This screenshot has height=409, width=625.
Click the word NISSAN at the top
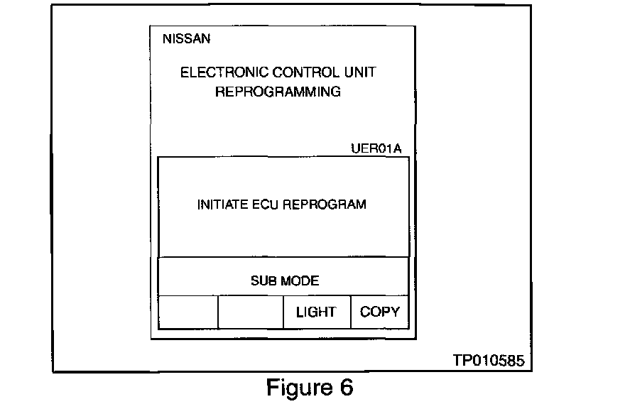186,39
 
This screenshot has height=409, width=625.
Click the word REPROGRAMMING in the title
278,92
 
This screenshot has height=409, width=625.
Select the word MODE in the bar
300,280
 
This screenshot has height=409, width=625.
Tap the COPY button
380,312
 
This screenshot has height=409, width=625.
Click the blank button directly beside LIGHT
251,312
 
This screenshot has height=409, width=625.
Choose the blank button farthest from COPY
187,312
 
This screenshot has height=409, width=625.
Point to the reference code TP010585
489,361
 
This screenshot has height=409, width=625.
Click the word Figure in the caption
295,388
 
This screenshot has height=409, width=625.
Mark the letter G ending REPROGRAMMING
335,92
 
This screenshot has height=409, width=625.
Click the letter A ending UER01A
397,149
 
